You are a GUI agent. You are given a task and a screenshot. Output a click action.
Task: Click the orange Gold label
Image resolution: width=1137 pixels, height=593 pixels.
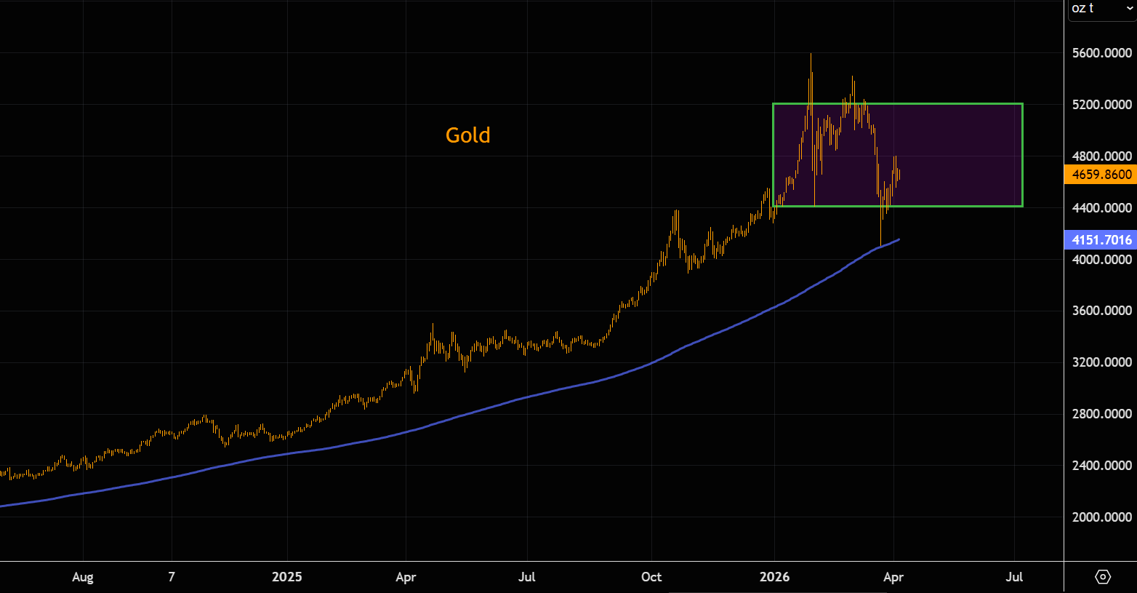point(467,135)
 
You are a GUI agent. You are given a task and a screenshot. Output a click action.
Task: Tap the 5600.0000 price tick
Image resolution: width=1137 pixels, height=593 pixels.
point(1102,53)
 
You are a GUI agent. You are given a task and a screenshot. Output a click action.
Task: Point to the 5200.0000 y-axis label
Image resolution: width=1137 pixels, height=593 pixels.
point(1102,105)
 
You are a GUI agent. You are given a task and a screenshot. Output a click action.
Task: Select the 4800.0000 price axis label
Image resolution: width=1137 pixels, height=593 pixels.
point(1102,156)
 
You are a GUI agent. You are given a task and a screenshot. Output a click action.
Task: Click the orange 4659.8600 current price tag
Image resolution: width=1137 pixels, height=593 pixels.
point(1101,175)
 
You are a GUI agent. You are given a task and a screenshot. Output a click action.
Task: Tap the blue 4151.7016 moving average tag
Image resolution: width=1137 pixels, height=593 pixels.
point(1101,240)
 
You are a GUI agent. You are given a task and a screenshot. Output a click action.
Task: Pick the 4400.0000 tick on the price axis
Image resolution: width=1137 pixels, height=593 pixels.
point(1102,208)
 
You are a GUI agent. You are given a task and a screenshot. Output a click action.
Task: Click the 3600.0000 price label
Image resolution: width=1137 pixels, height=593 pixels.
point(1102,311)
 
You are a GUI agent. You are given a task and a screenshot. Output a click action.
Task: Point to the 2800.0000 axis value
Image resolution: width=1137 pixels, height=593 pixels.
point(1102,414)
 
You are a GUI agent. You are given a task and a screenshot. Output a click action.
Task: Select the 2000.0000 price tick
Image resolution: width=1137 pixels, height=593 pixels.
point(1102,517)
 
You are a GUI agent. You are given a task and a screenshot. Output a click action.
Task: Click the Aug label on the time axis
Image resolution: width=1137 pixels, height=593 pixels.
point(83,577)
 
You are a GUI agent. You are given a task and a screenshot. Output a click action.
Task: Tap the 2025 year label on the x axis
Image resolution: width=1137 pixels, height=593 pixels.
point(286,577)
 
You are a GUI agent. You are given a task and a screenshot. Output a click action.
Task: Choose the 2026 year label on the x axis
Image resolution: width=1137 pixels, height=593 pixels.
point(774,577)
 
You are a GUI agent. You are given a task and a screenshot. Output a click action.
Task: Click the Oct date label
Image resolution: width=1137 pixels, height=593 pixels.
point(651,577)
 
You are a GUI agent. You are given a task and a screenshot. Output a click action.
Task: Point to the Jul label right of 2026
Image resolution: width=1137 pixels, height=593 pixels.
point(1014,577)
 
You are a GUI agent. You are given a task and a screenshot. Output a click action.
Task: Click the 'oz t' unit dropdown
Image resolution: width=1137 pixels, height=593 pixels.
point(1101,9)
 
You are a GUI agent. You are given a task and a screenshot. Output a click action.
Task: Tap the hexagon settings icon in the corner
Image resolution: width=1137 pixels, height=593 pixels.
point(1103,577)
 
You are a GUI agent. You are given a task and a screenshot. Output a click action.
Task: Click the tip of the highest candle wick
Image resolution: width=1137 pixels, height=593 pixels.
point(811,54)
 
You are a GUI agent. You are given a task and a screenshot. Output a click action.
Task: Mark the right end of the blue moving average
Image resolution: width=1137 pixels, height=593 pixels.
point(900,239)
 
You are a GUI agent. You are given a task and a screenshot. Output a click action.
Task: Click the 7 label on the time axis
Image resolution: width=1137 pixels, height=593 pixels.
point(172,577)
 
